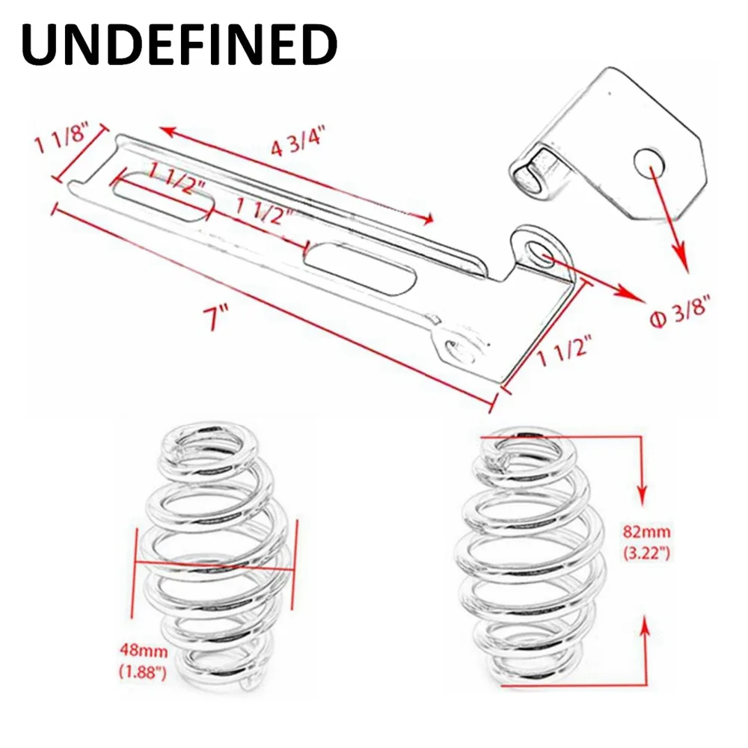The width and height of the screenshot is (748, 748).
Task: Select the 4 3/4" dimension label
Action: click(298, 141)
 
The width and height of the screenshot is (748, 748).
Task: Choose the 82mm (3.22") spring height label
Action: click(647, 542)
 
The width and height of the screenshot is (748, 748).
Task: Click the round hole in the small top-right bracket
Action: click(649, 162)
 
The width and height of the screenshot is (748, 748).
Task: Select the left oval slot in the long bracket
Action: click(162, 195)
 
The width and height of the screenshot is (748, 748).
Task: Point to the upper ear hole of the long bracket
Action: click(538, 252)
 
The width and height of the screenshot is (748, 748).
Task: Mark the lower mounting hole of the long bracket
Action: click(459, 352)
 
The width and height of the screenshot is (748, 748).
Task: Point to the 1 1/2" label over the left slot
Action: click(177, 177)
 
